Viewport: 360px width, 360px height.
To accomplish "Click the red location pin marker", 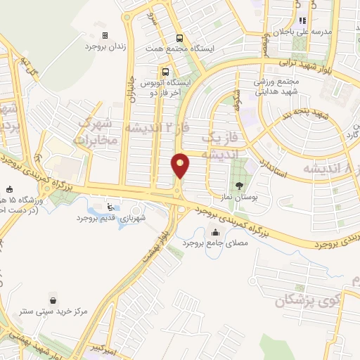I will tap(181, 165).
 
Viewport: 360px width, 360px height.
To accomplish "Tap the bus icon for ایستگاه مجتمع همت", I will tap(181, 39).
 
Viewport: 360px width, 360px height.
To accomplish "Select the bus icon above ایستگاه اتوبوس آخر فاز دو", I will tap(166, 72).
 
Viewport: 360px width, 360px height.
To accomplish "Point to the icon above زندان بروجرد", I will tap(105, 35).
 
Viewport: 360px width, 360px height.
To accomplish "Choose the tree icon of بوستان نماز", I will tap(241, 186).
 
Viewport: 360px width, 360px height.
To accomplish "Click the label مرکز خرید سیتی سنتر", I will tap(53, 309).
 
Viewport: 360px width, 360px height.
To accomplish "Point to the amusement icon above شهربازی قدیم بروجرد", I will tap(110, 207).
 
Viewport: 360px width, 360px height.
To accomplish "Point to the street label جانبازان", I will tap(130, 88).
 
